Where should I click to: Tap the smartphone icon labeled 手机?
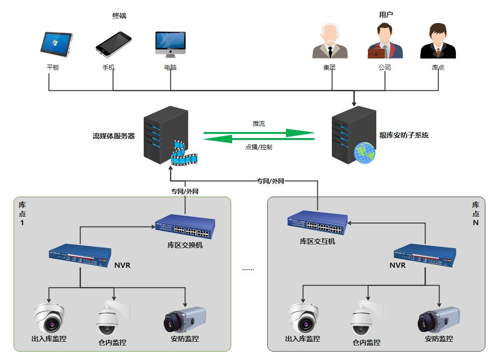pos(113,44)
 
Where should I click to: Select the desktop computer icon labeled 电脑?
pos(170,44)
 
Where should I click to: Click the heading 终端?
pos(119,16)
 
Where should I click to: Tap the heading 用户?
pos(386,15)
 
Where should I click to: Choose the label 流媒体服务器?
pos(114,136)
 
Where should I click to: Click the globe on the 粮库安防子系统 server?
pos(365,153)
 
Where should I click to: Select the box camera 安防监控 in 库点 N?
pos(439,319)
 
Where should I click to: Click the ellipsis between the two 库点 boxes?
pos(248,269)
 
